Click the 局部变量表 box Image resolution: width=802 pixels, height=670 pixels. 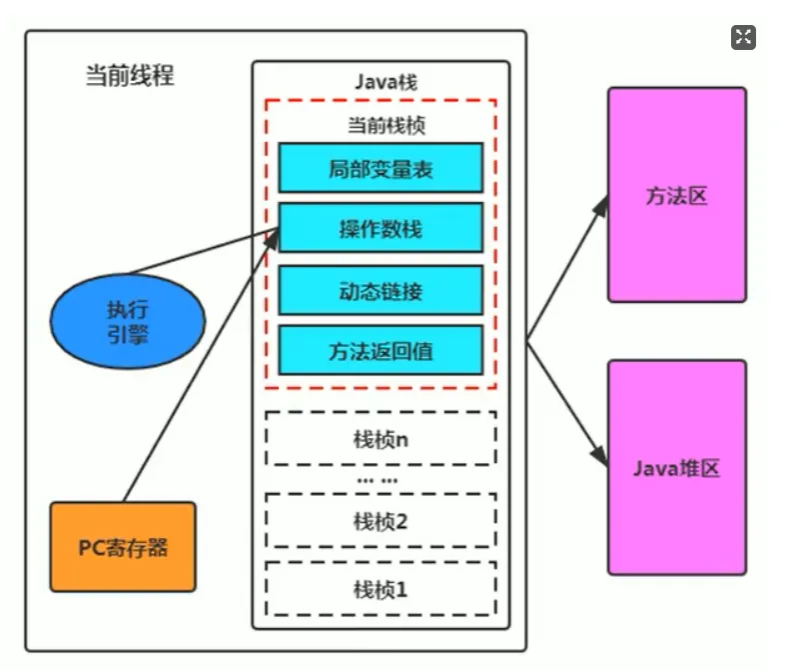click(381, 167)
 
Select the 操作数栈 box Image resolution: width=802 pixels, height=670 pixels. click(381, 228)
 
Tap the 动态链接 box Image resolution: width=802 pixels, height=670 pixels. click(381, 290)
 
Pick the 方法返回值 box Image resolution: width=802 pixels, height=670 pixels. click(381, 351)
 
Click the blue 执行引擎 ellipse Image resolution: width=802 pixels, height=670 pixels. click(128, 322)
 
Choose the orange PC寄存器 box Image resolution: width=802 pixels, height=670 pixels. click(123, 546)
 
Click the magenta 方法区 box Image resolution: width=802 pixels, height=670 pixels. click(676, 195)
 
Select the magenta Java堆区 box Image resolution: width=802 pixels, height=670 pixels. click(676, 467)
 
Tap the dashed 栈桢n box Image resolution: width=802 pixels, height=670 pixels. click(381, 438)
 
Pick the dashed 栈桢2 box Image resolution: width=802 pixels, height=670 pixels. click(381, 520)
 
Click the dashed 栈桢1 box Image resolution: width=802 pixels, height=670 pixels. click(381, 588)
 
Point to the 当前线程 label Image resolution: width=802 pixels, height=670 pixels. click(129, 76)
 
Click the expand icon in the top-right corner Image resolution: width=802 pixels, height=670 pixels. click(743, 38)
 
